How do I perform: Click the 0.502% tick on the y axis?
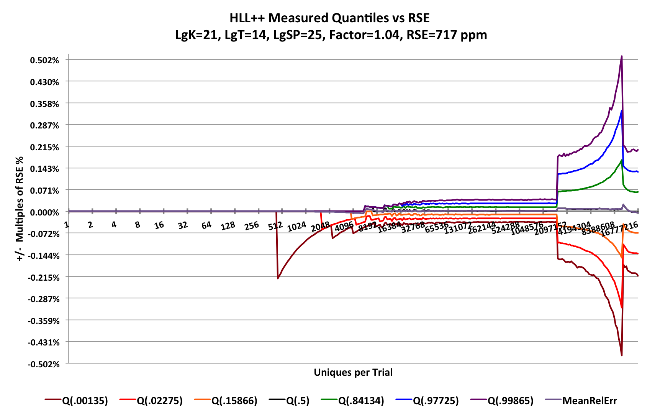tap(45, 60)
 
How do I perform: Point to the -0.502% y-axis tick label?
tap(43, 364)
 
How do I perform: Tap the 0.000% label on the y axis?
tap(45, 212)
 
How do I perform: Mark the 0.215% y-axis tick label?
tap(45, 147)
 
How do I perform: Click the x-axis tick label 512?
tap(275, 226)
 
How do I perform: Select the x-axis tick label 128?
tap(228, 226)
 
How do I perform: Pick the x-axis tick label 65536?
tap(436, 227)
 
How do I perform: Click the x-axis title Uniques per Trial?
tap(353, 372)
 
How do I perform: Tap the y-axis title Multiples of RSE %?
tap(20, 209)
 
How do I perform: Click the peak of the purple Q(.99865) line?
tap(621, 56)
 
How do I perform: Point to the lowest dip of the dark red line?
tap(621, 355)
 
